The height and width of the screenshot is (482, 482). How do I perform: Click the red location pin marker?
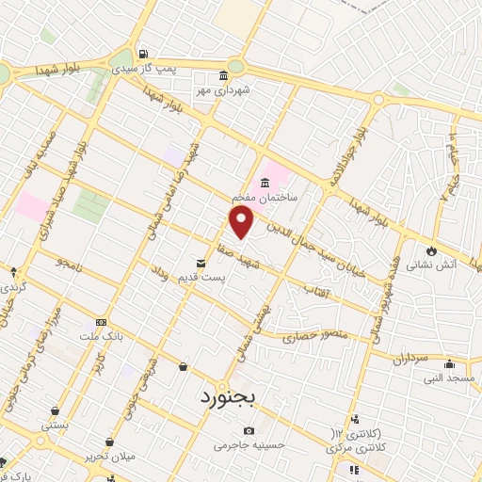pyautogui.click(x=242, y=222)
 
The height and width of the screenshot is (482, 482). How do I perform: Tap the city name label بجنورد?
pyautogui.click(x=229, y=397)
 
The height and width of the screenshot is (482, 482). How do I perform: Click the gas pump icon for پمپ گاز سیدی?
pyautogui.click(x=143, y=53)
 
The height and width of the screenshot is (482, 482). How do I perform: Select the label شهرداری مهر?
pyautogui.click(x=222, y=91)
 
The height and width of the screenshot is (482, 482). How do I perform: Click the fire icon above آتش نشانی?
pyautogui.click(x=432, y=251)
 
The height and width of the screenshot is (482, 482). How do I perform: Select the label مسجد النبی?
pyautogui.click(x=448, y=378)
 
